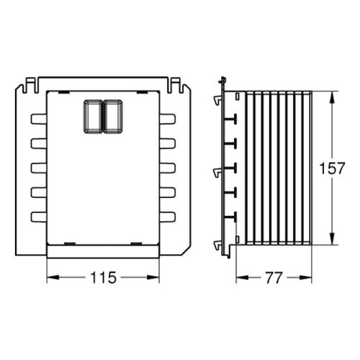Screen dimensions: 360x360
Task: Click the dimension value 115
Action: (103, 277)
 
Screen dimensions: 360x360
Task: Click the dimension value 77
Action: (274, 278)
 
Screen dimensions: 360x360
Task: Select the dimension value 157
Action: (332, 168)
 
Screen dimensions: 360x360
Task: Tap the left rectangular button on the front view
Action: (93, 117)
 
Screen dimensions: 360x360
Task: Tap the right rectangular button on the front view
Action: (113, 117)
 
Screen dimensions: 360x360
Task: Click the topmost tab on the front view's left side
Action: (39, 120)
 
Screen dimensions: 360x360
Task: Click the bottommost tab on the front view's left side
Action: (39, 217)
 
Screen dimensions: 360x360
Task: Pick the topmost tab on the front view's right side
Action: (167, 120)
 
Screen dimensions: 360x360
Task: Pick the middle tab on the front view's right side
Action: (167, 168)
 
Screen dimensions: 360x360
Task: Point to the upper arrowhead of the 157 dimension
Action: (332, 97)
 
